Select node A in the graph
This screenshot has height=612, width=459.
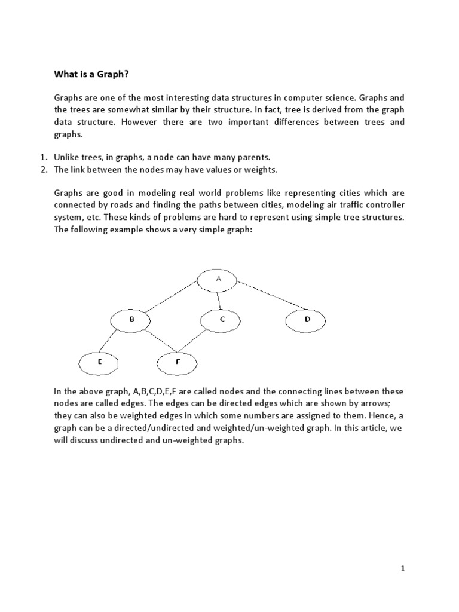[218, 280]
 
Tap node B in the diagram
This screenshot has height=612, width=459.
[131, 320]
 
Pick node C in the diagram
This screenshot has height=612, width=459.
[221, 320]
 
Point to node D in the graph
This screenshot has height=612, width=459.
[307, 320]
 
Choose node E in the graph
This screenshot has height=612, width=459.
[99, 362]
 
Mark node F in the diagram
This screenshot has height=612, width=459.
[177, 362]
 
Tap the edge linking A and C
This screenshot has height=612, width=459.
[219, 300]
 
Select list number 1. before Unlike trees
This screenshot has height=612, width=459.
[43, 157]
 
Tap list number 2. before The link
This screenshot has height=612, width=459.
[43, 170]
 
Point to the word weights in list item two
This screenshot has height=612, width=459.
[262, 170]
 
